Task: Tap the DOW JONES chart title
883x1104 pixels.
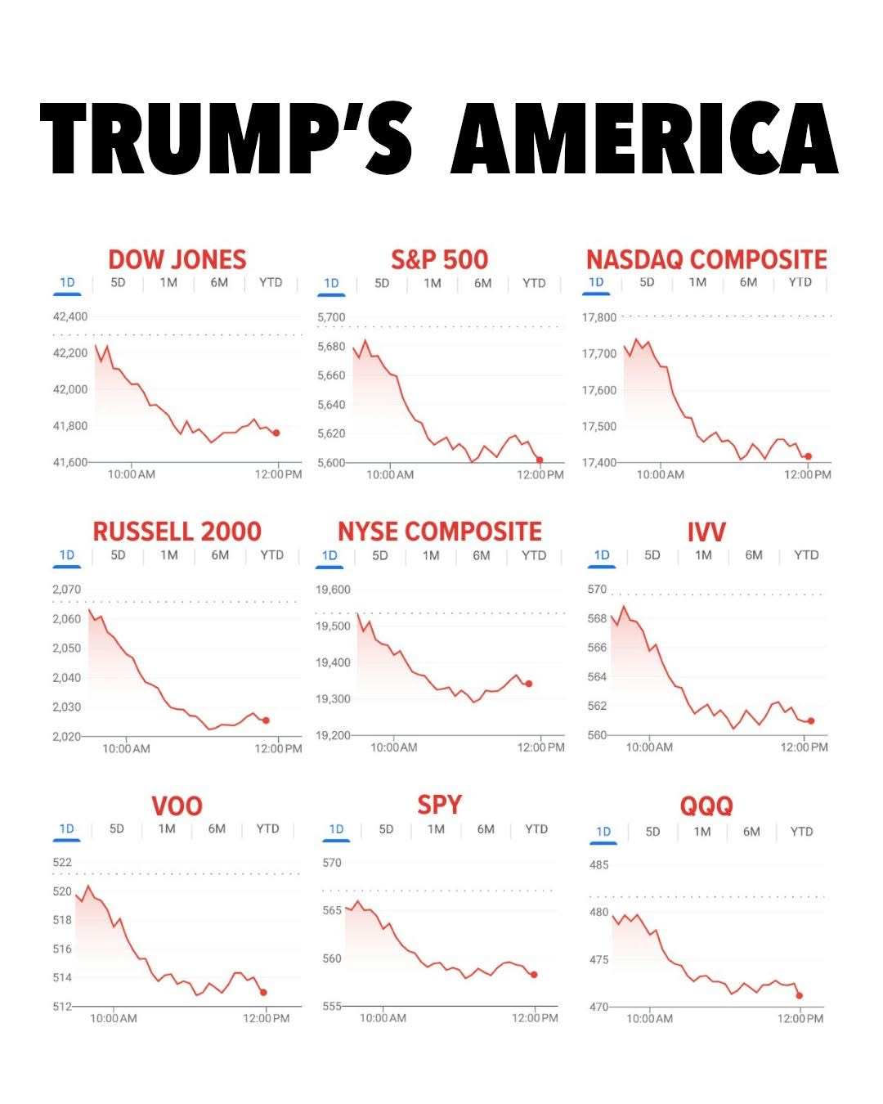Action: point(177,259)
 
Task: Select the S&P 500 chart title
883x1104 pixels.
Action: point(439,259)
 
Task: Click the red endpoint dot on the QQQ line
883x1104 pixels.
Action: point(800,995)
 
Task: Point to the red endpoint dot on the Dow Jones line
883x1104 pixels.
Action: point(276,433)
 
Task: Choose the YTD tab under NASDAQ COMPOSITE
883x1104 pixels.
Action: point(800,282)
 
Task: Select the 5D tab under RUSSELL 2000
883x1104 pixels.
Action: point(118,555)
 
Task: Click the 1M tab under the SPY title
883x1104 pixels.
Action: point(436,829)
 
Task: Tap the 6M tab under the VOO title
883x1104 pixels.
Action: point(217,829)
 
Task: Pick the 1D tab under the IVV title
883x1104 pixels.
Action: point(602,555)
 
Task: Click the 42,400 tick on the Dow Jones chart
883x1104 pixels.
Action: point(70,316)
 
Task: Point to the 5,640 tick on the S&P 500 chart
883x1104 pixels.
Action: point(331,405)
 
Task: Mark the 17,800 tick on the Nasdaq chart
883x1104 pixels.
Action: point(599,317)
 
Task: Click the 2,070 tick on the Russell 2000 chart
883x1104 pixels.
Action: point(67,590)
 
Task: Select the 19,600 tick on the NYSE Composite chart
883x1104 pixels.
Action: point(334,590)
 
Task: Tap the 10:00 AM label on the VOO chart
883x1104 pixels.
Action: point(114,1018)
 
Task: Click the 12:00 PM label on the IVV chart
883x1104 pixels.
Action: point(805,747)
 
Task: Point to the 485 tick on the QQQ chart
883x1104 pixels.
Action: point(599,865)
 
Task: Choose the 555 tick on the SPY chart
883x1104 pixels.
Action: point(332,1007)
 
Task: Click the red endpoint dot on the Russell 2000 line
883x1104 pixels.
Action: point(266,720)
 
